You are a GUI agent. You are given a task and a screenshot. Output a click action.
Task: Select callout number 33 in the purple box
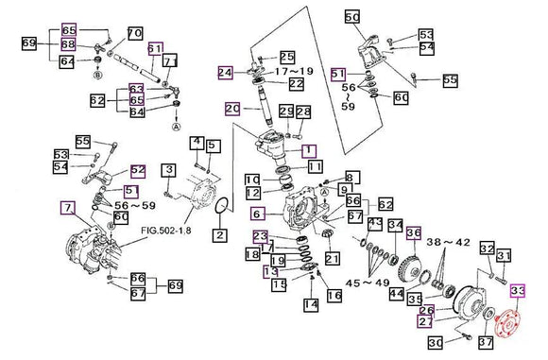tap(518, 290)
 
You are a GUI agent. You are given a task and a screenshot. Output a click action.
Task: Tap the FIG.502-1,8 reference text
tap(166, 231)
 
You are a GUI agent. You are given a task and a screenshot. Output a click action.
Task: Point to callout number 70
tap(135, 34)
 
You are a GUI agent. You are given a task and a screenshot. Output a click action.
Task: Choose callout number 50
tap(351, 16)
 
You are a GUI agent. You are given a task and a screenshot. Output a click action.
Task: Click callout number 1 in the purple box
tap(309, 150)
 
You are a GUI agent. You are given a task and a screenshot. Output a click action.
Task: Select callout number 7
tap(68, 208)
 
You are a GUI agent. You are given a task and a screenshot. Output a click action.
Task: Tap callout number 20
tap(232, 109)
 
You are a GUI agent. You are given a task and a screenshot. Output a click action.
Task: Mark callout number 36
tap(414, 233)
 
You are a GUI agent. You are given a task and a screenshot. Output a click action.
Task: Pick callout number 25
tap(287, 57)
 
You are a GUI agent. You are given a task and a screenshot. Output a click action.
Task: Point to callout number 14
tap(311, 305)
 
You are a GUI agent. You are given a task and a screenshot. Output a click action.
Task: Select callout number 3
tap(169, 170)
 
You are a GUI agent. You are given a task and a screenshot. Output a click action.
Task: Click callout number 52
tap(138, 171)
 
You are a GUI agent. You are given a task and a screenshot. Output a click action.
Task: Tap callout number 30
tap(436, 343)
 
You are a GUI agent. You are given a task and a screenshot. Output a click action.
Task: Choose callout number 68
tap(68, 44)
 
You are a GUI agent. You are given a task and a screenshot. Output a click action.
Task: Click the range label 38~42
tap(448, 242)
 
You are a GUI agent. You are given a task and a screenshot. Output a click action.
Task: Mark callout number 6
tap(258, 214)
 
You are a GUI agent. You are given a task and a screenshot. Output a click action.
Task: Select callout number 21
tap(332, 258)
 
